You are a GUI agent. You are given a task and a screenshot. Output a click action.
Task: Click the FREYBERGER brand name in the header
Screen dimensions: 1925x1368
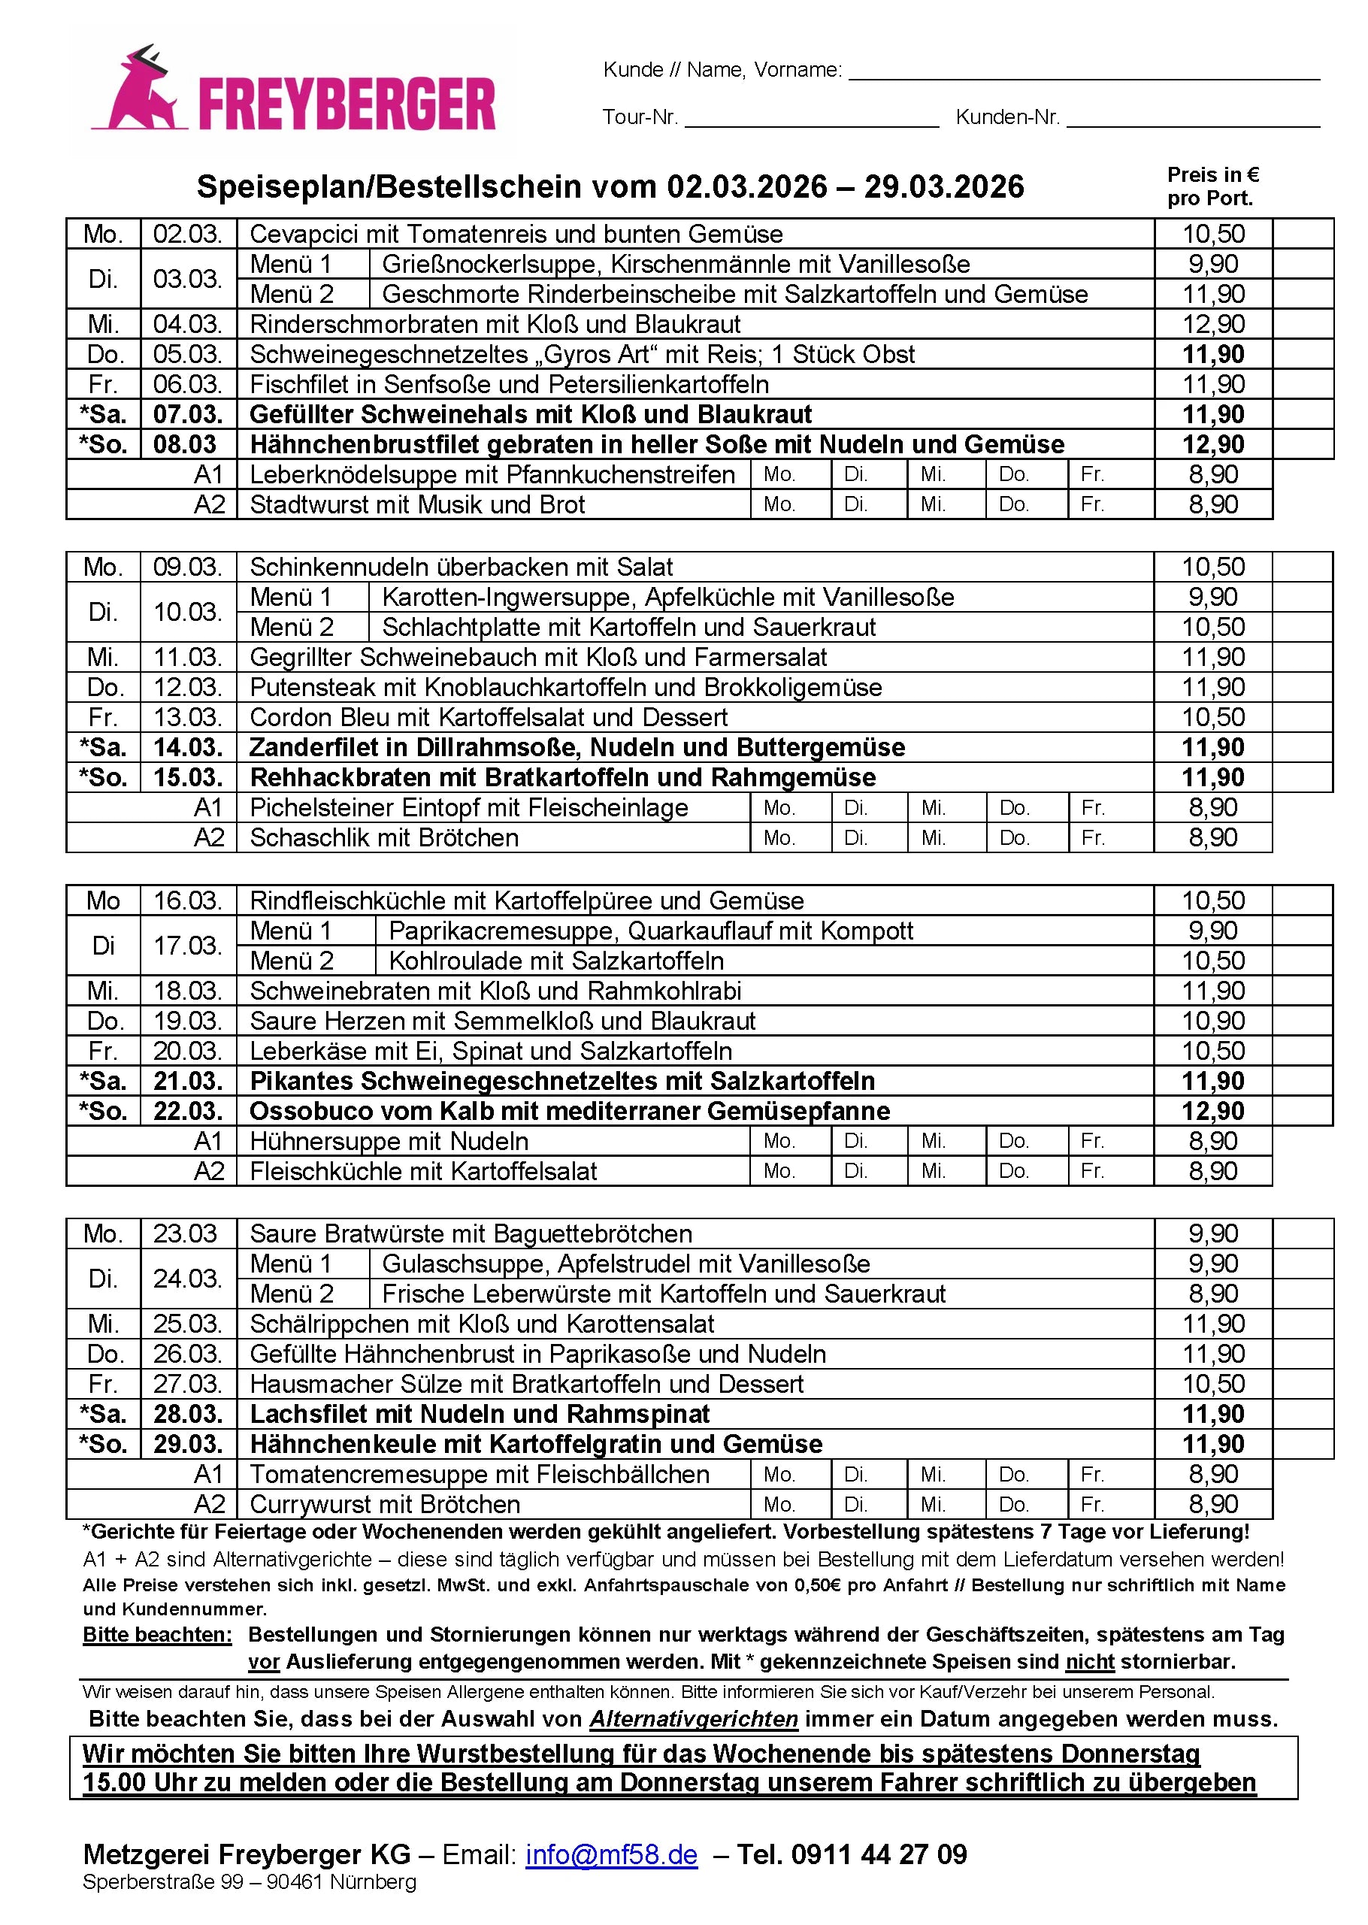pyautogui.click(x=347, y=105)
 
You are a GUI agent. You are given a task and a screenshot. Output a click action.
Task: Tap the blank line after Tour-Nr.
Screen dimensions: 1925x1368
pyautogui.click(x=811, y=118)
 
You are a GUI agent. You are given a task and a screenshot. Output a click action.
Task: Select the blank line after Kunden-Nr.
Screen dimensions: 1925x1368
pyautogui.click(x=1192, y=118)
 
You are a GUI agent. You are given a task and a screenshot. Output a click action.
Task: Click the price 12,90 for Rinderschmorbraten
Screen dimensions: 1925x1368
pyautogui.click(x=1213, y=325)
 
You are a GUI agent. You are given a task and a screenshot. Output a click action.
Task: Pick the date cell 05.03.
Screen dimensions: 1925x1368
pyautogui.click(x=188, y=355)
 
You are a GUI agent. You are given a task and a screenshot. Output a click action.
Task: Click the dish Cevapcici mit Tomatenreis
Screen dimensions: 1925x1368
pyautogui.click(x=516, y=235)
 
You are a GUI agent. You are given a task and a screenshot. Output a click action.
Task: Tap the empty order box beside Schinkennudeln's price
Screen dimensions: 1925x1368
pyautogui.click(x=1303, y=567)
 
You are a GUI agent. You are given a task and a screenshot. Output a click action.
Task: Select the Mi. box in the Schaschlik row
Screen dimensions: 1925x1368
pyautogui.click(x=946, y=838)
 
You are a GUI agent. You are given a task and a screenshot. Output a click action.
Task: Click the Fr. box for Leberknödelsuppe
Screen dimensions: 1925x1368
pyautogui.click(x=1110, y=474)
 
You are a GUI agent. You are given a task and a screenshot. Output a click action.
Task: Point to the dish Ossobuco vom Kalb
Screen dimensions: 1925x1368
pyautogui.click(x=570, y=1111)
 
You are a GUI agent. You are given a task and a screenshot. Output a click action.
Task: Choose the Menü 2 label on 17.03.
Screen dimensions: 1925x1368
pyautogui.click(x=292, y=961)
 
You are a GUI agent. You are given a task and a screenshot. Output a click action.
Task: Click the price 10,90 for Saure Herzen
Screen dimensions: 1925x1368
pyautogui.click(x=1213, y=1021)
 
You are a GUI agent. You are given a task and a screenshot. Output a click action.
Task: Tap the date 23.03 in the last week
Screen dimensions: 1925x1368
pyautogui.click(x=186, y=1234)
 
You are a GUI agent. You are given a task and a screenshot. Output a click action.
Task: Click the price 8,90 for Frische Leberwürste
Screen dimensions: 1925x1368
pyautogui.click(x=1213, y=1294)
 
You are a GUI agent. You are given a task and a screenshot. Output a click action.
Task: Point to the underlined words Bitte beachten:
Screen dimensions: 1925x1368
pyautogui.click(x=156, y=1635)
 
